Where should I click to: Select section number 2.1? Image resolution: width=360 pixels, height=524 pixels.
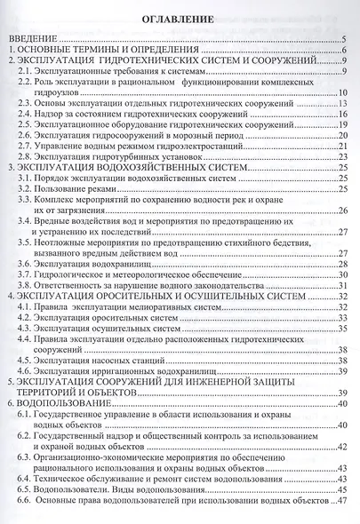tap(27, 72)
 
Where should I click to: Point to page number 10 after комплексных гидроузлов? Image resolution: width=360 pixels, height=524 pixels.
tap(341, 93)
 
